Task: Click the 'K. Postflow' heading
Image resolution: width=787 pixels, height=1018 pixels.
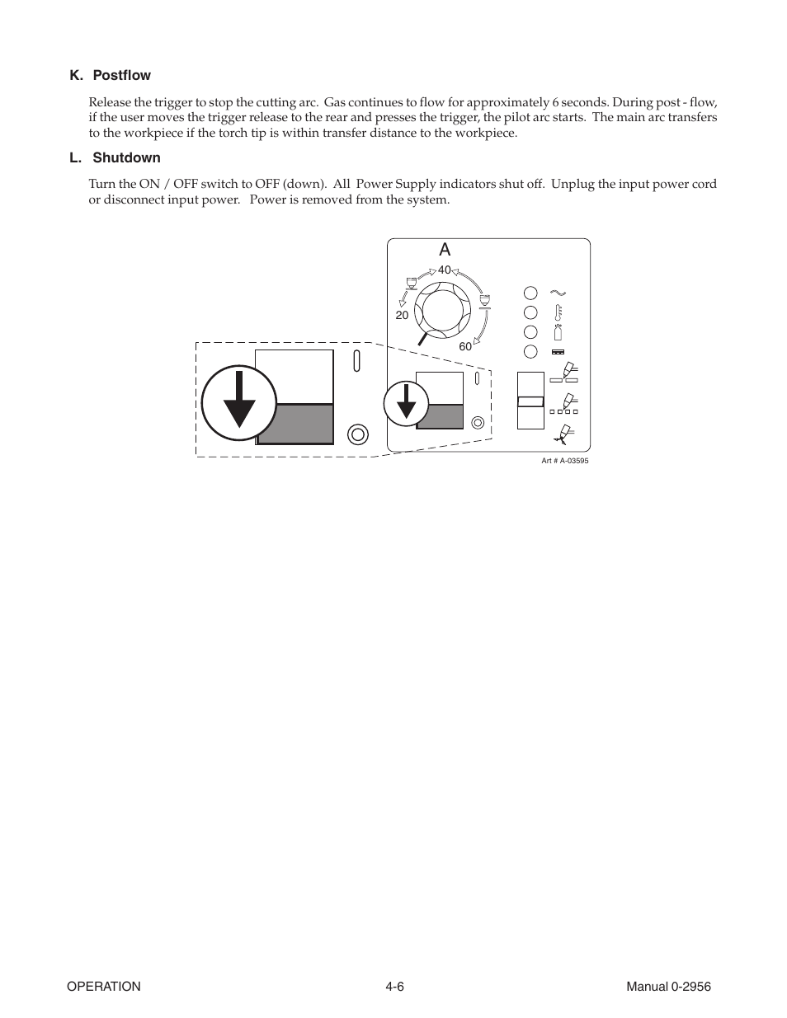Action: (x=111, y=75)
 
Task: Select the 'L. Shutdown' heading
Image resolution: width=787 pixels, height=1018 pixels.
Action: (x=115, y=157)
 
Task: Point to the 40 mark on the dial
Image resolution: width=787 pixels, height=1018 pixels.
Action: (x=445, y=270)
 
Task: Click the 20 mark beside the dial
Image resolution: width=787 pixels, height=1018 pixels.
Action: (x=402, y=315)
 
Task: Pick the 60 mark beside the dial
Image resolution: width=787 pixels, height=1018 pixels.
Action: (x=465, y=346)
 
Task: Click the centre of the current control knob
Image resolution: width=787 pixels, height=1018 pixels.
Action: (x=445, y=311)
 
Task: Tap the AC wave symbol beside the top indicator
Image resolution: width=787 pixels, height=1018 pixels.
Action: (x=558, y=293)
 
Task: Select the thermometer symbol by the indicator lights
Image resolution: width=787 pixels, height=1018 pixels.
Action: (x=558, y=312)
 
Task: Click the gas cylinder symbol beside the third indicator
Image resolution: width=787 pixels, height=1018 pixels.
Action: (x=558, y=331)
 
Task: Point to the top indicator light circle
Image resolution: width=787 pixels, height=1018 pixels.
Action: (x=530, y=293)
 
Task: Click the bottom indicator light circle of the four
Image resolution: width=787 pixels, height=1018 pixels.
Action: (x=530, y=352)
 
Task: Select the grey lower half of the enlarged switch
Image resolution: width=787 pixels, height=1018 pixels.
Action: (x=295, y=424)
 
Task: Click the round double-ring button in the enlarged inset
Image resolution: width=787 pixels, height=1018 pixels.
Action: (x=357, y=434)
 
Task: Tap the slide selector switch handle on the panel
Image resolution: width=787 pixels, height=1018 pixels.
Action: (x=530, y=401)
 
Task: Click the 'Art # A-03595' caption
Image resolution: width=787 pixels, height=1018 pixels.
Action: (x=564, y=461)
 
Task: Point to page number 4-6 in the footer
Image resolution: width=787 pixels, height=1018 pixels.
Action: (x=393, y=987)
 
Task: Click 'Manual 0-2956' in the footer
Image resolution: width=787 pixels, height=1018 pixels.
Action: (x=667, y=987)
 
